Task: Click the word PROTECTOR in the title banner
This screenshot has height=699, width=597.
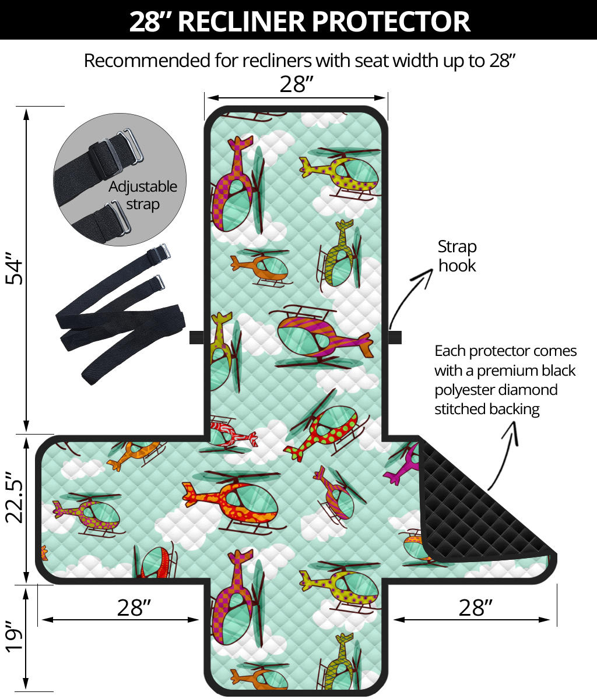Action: pyautogui.click(x=391, y=22)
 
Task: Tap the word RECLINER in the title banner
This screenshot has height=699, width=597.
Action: pyautogui.click(x=241, y=22)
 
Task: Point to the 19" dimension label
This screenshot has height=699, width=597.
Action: pyautogui.click(x=14, y=641)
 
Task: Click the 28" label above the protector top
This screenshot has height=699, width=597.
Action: pyautogui.click(x=297, y=84)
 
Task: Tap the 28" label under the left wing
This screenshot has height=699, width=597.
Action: pyautogui.click(x=134, y=608)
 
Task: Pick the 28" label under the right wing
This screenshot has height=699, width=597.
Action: pyautogui.click(x=475, y=608)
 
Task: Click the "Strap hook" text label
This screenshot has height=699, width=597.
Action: pyautogui.click(x=457, y=256)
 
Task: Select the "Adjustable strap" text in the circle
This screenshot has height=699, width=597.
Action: pyautogui.click(x=143, y=196)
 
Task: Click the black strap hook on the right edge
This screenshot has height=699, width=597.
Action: pyautogui.click(x=395, y=337)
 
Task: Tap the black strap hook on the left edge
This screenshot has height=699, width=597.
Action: pyautogui.click(x=196, y=337)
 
